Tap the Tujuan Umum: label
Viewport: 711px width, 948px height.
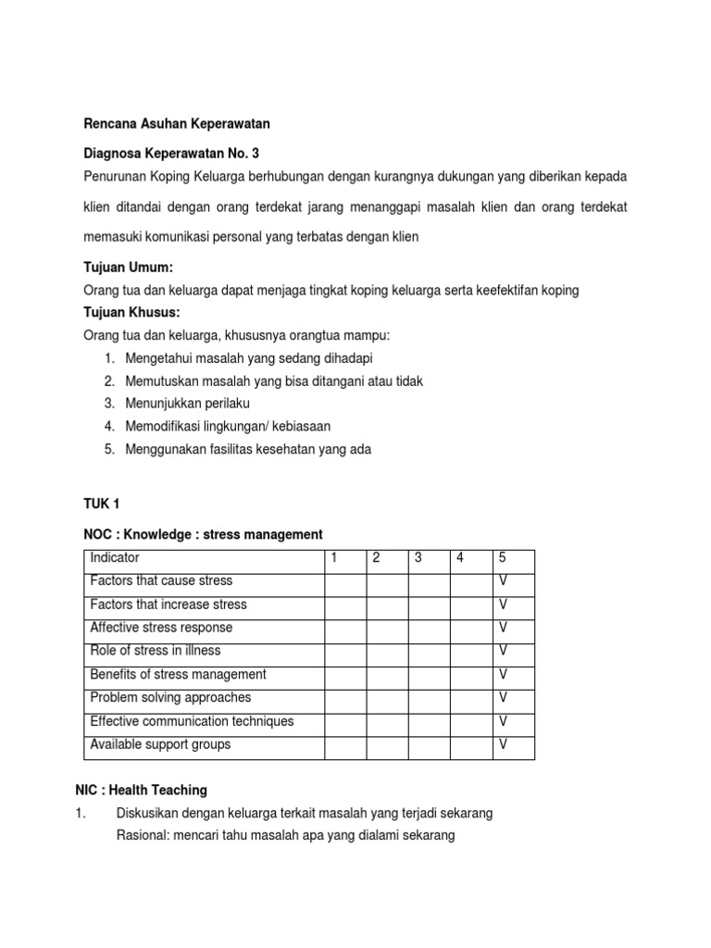click(x=129, y=268)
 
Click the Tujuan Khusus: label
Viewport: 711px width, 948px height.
click(x=131, y=313)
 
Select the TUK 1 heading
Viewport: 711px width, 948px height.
click(x=102, y=504)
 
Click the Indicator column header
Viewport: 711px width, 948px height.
click(x=115, y=557)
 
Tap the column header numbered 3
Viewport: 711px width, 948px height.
click(x=418, y=557)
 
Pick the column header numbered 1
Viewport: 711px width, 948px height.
click(x=333, y=557)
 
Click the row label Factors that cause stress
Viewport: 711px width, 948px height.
click(x=161, y=580)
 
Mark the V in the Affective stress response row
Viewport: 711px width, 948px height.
click(x=504, y=628)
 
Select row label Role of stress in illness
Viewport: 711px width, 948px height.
click(x=155, y=651)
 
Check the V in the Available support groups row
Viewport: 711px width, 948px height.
click(x=504, y=744)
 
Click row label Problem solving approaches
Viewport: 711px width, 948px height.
click(x=170, y=697)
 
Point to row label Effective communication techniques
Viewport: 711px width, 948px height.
click(x=192, y=721)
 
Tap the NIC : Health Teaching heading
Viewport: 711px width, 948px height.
click(x=141, y=790)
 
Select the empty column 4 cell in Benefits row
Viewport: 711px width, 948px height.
click(x=470, y=675)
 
